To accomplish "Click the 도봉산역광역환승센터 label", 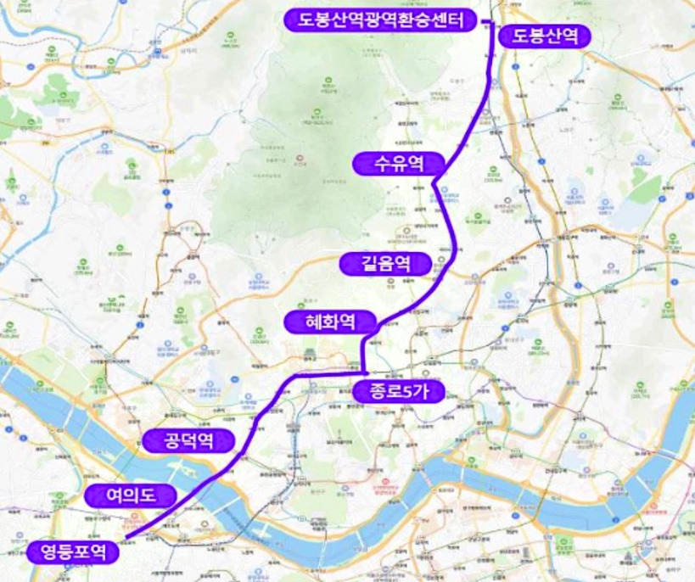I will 379,20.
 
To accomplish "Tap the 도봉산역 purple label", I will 545,36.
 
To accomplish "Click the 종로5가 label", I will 395,390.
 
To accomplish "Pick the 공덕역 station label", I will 188,439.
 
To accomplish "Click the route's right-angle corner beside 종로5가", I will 364,372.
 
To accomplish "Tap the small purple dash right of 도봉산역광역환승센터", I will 485,20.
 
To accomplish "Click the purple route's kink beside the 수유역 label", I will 434,181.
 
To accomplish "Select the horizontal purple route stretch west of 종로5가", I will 331,373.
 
